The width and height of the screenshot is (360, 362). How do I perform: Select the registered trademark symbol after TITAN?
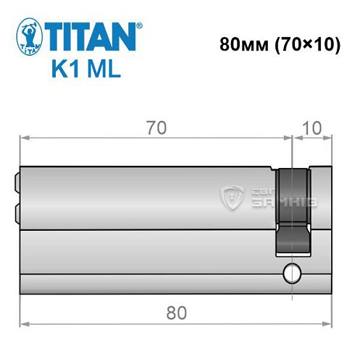click(x=139, y=25)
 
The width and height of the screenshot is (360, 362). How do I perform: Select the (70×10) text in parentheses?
click(x=304, y=44)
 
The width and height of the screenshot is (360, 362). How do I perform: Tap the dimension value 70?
click(x=155, y=127)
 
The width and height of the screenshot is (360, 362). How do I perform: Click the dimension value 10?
click(x=313, y=127)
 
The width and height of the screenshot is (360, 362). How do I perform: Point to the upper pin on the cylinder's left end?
click(x=16, y=182)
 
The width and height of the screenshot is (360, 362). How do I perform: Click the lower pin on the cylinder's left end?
click(x=16, y=213)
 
